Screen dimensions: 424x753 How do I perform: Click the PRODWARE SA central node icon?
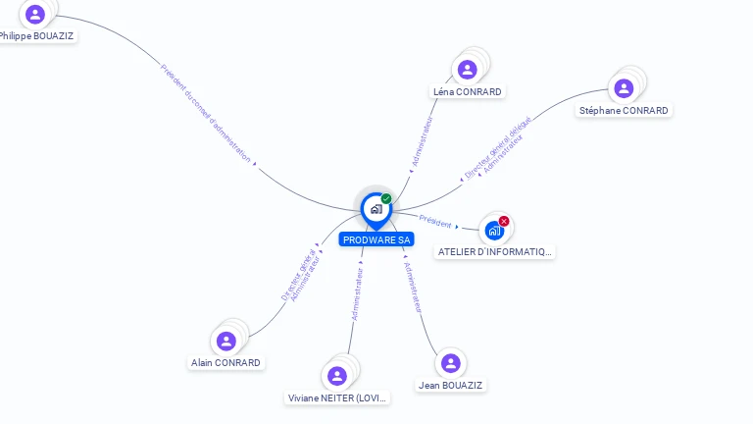pyautogui.click(x=376, y=209)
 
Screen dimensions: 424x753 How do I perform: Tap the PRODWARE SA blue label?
pyautogui.click(x=376, y=239)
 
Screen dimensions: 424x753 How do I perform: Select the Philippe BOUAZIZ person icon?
pyautogui.click(x=35, y=14)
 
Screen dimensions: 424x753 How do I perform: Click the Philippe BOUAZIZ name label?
pyautogui.click(x=36, y=36)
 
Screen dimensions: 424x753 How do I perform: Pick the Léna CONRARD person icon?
pyautogui.click(x=467, y=69)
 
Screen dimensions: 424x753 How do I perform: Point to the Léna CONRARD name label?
pyautogui.click(x=468, y=92)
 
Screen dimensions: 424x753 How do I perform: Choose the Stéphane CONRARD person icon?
pyautogui.click(x=624, y=88)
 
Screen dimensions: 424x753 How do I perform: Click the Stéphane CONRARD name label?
pyautogui.click(x=624, y=111)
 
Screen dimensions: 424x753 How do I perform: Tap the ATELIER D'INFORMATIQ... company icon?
pyautogui.click(x=494, y=231)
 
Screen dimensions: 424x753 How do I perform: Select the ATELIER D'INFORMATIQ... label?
pyautogui.click(x=495, y=252)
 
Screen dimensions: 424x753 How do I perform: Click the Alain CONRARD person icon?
pyautogui.click(x=226, y=341)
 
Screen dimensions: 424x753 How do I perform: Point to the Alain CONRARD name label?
pyautogui.click(x=226, y=363)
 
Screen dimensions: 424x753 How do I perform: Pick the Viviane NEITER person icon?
pyautogui.click(x=337, y=376)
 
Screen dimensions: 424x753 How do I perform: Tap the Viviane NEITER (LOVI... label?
pyautogui.click(x=338, y=398)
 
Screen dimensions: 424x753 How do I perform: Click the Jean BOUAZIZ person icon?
pyautogui.click(x=450, y=363)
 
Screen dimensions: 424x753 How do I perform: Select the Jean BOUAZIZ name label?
pyautogui.click(x=450, y=386)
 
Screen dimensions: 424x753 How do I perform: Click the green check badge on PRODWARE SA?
pyautogui.click(x=386, y=198)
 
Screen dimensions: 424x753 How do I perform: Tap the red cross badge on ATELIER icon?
pyautogui.click(x=504, y=221)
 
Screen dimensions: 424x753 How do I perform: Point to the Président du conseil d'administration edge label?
pyautogui.click(x=205, y=113)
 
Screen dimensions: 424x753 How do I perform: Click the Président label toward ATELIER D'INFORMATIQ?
pyautogui.click(x=435, y=223)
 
